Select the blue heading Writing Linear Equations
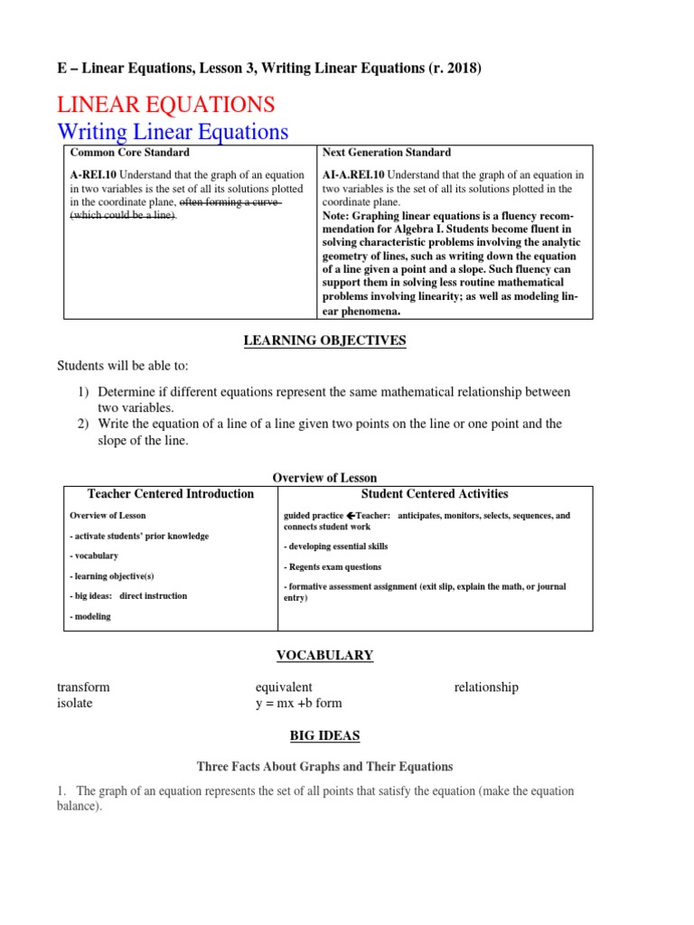point(173,132)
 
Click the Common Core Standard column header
point(129,153)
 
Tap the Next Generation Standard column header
point(386,153)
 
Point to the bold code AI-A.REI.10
point(351,174)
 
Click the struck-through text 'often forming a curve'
point(229,202)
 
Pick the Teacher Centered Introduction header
point(171,494)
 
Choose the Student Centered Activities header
point(435,494)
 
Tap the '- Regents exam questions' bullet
point(333,567)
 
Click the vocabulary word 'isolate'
point(74,703)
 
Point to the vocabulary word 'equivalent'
point(284,687)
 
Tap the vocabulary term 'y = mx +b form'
point(299,703)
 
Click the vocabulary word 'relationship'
point(486,687)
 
